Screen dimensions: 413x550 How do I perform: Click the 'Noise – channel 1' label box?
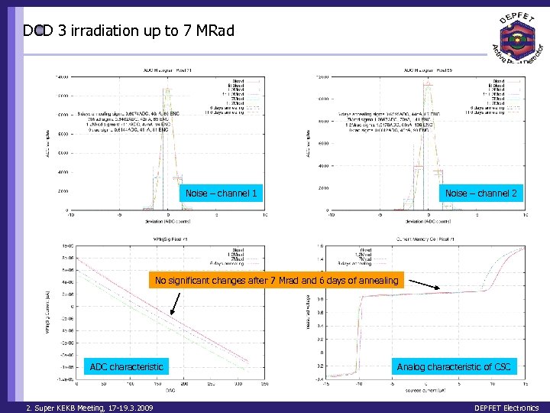(222, 193)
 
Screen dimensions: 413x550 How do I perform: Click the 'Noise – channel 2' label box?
(481, 193)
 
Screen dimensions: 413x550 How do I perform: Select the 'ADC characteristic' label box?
(127, 367)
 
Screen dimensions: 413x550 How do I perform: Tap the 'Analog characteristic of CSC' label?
(454, 367)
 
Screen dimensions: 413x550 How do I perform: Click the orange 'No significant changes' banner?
(277, 281)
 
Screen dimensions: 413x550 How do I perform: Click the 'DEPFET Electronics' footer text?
(506, 408)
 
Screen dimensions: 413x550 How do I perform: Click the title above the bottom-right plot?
(424, 240)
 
